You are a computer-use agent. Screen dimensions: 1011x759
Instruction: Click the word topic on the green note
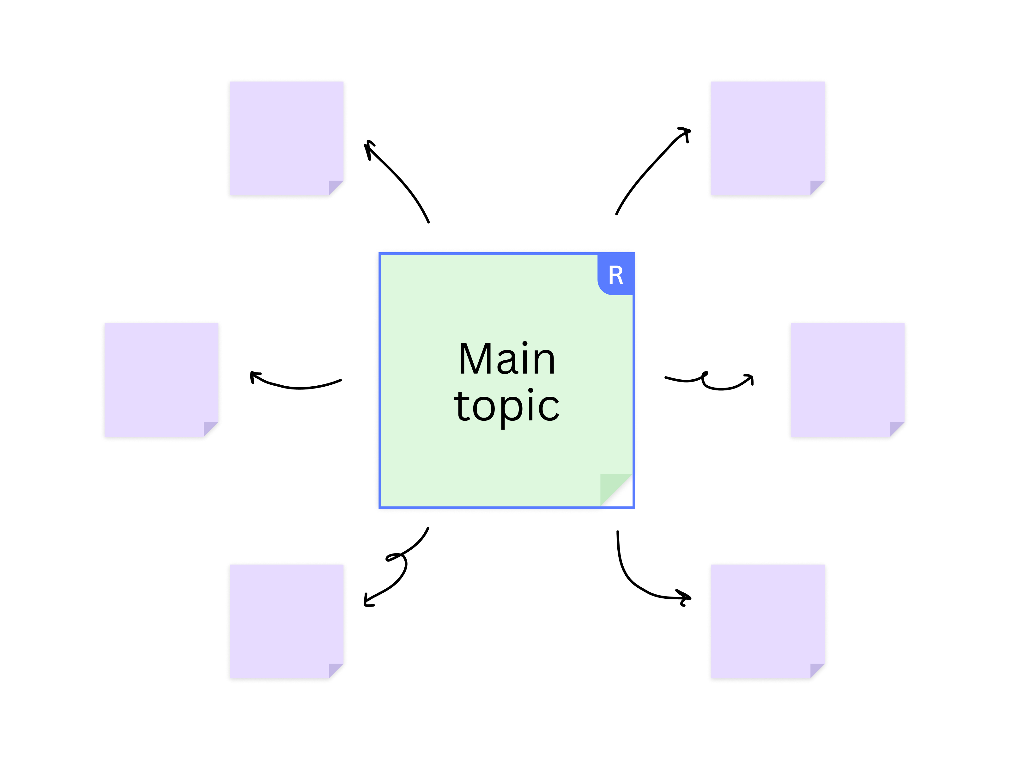point(507,407)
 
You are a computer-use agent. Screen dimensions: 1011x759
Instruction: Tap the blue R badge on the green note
point(616,274)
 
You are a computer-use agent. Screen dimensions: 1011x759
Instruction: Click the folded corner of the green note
point(616,490)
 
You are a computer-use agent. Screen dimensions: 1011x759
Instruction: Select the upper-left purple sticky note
point(287,138)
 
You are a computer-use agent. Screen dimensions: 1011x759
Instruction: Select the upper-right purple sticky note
point(768,138)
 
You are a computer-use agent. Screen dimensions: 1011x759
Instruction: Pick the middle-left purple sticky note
point(161,380)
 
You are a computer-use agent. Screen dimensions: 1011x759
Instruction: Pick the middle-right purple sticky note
point(847,380)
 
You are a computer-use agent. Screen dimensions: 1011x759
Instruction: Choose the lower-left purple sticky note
point(287,621)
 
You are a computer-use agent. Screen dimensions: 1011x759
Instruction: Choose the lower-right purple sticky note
point(768,621)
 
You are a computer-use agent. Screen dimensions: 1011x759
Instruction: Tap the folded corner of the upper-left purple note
point(336,188)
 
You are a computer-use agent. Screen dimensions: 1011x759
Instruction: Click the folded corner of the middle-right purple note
point(897,429)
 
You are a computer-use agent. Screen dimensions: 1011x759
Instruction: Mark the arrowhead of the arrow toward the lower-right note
point(685,597)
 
